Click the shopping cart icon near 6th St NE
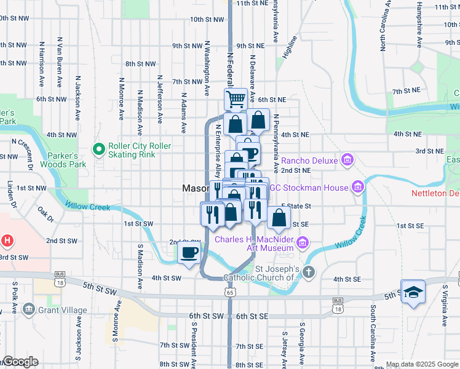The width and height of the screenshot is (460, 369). [236, 98]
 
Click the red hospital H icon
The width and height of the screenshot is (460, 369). [7, 240]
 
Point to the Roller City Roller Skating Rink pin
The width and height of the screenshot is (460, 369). [98, 149]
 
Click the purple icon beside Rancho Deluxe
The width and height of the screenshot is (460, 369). [347, 161]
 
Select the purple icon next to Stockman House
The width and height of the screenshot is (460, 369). [357, 187]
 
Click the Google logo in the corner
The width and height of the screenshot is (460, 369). [20, 362]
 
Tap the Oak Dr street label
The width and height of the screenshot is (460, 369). [45, 215]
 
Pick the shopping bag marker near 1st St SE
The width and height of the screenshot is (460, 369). [279, 217]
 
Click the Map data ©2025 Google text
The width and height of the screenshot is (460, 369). [421, 364]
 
